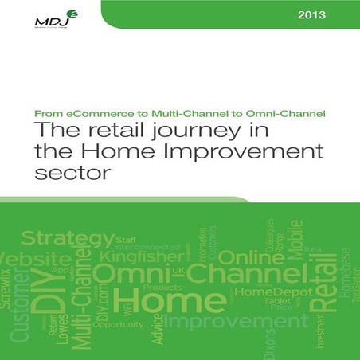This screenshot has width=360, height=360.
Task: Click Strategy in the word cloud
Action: [x=67, y=238]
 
